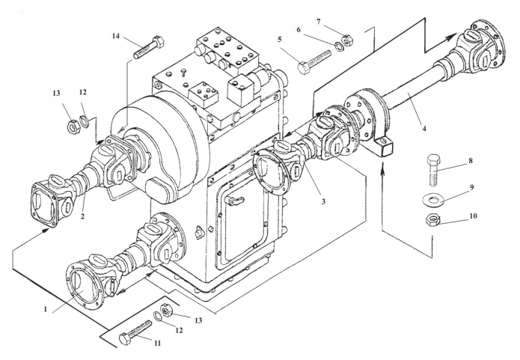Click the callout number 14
tap(115, 36)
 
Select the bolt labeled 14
tap(149, 48)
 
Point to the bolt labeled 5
tap(314, 62)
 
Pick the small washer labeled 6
tap(339, 44)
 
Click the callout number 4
tap(423, 128)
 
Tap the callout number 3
tap(323, 201)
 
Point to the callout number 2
tap(82, 216)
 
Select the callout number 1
tap(46, 309)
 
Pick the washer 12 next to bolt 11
tap(158, 316)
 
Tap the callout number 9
tap(471, 187)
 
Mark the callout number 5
tap(280, 40)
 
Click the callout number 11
tap(158, 343)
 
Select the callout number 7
tap(319, 22)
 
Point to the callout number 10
tap(473, 216)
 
